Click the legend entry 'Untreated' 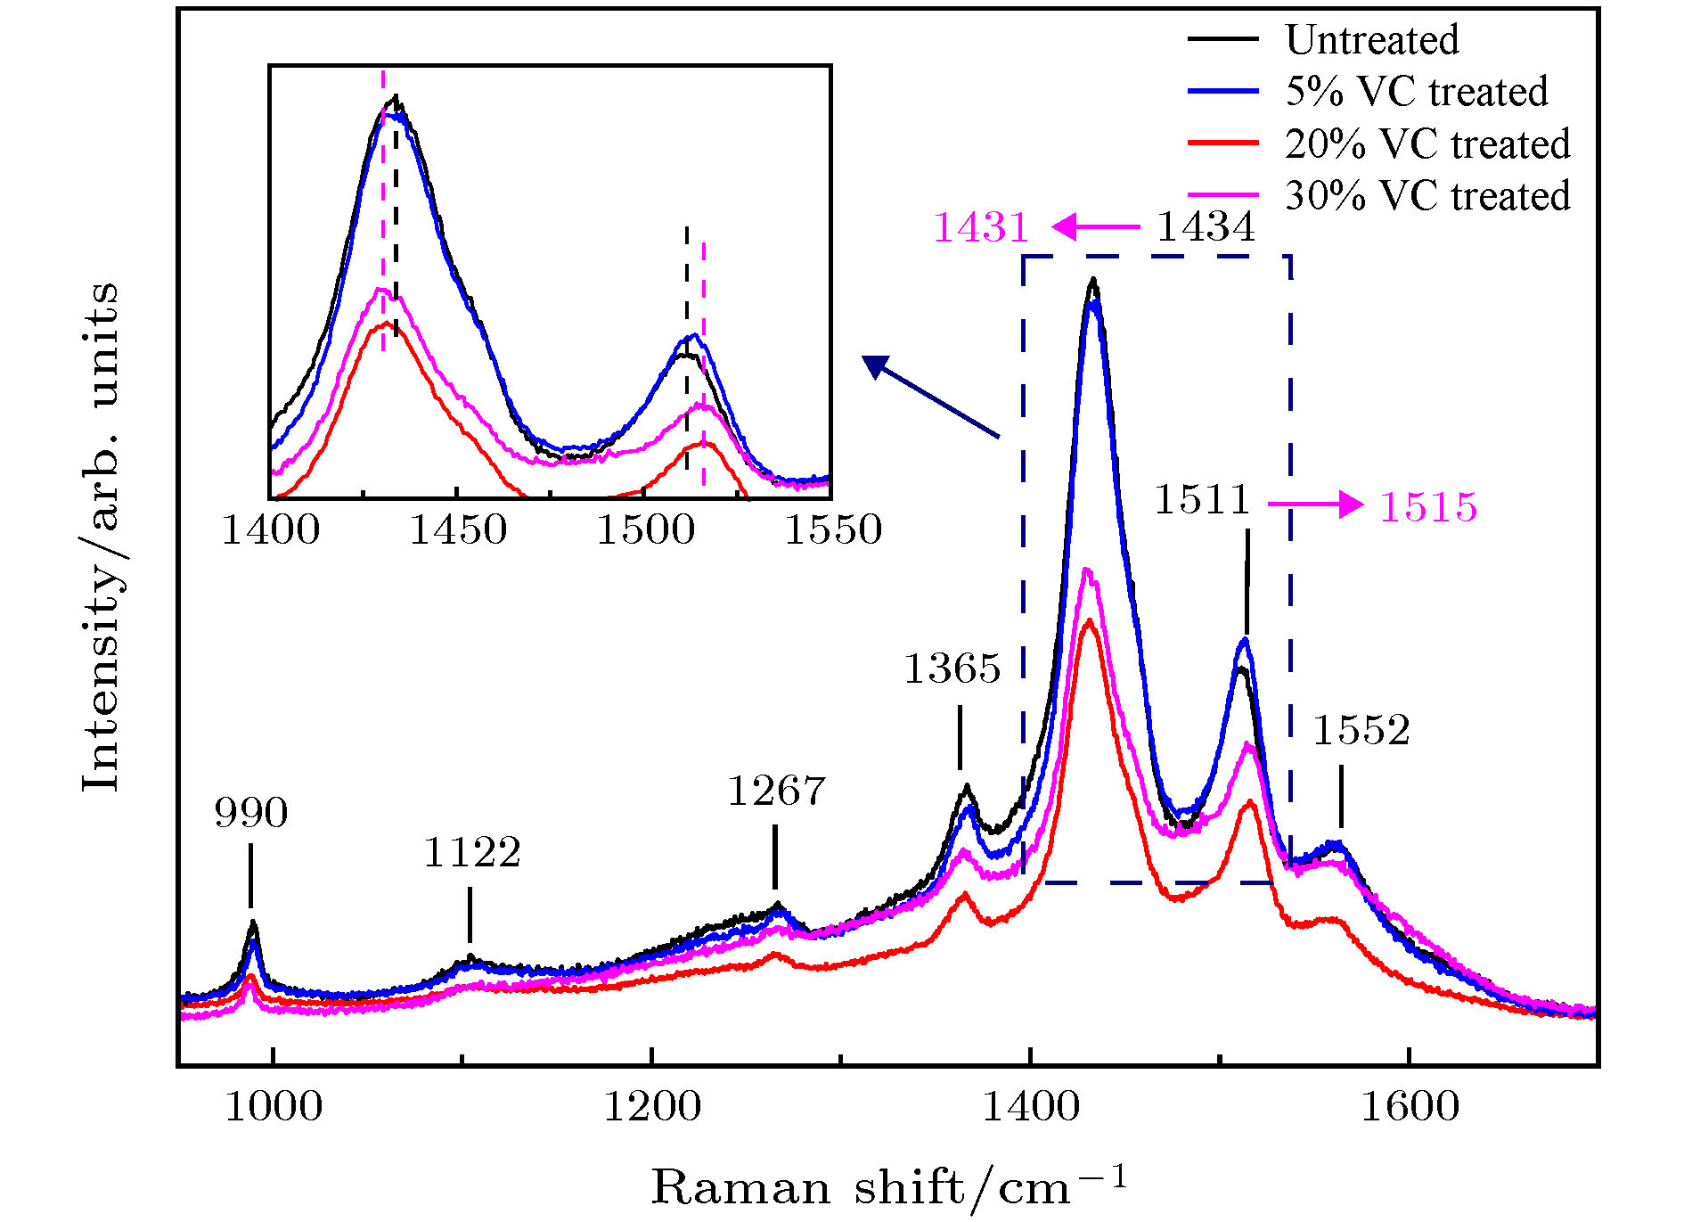click(1371, 40)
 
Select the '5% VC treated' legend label click(1416, 92)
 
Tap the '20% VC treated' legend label click(1426, 144)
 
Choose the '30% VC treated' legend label click(1426, 196)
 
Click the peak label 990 click(251, 813)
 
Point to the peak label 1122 click(471, 853)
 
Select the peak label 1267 click(776, 791)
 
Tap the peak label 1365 click(952, 668)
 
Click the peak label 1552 click(1361, 730)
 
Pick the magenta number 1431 click(981, 228)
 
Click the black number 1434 click(1206, 227)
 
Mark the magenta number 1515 click(1428, 507)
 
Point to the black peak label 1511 click(1203, 500)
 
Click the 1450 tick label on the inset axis click(458, 530)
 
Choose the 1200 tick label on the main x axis click(652, 1107)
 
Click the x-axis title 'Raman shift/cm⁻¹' click(889, 1187)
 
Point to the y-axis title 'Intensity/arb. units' click(100, 537)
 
